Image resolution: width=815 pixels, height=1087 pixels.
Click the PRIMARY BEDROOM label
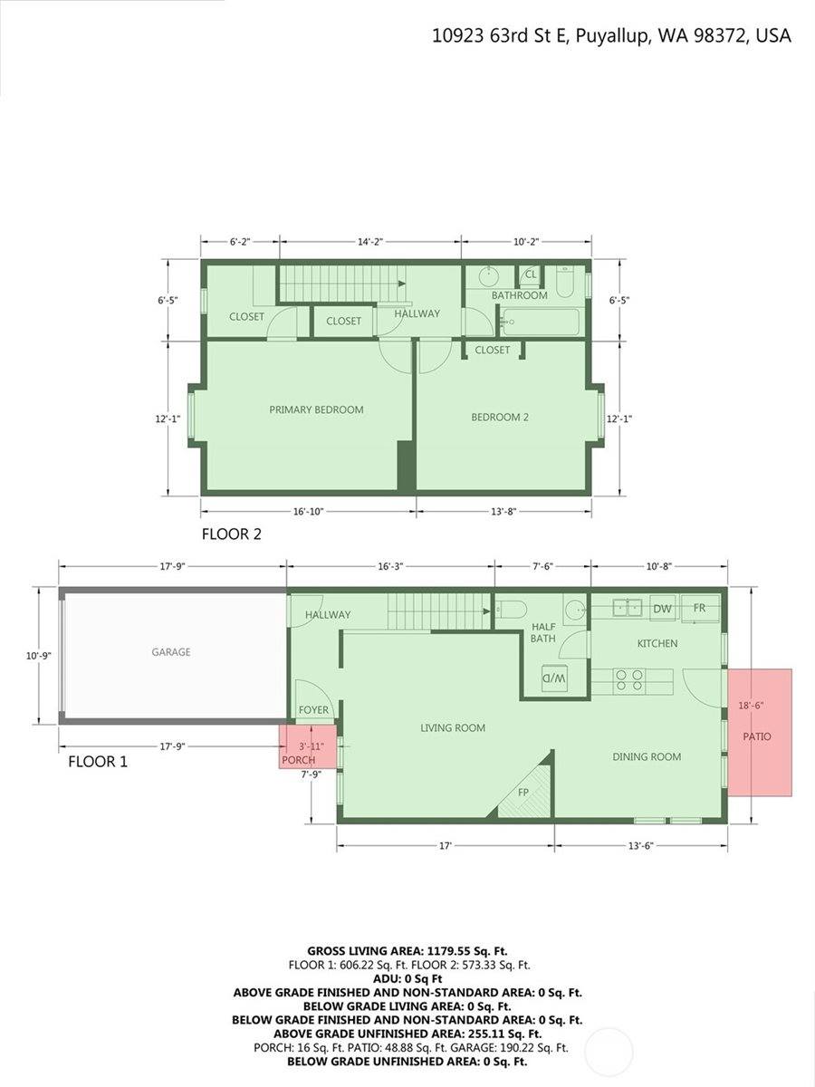point(316,409)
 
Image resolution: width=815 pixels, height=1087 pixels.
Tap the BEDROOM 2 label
point(499,418)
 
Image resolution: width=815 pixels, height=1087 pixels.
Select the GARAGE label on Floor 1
point(171,652)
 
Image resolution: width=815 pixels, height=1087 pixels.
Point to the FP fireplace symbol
point(524,793)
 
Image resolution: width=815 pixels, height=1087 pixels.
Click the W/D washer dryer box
point(554,678)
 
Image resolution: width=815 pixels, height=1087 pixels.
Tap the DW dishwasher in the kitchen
point(662,609)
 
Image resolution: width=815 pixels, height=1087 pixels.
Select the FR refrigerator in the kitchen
point(700,608)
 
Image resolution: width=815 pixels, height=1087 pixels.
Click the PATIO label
point(757,736)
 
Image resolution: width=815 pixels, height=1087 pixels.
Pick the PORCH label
point(298,760)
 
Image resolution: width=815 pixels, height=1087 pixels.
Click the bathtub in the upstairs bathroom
point(540,321)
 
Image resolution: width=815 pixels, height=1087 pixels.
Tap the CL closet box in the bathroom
point(531,274)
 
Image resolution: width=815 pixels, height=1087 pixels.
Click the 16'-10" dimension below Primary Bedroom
point(309,512)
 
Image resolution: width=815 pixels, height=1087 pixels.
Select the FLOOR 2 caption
point(231,534)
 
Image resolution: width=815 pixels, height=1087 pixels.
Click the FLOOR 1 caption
point(98,762)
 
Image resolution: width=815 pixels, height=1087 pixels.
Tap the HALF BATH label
point(543,632)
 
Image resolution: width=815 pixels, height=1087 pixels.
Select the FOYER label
point(314,710)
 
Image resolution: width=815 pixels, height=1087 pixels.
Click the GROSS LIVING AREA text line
point(407,951)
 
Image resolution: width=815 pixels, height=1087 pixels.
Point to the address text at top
point(611,36)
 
